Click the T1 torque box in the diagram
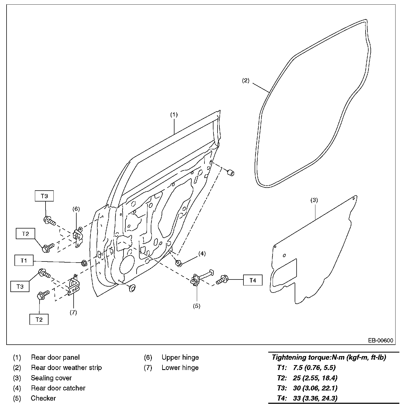[24, 260]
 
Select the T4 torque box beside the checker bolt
[253, 280]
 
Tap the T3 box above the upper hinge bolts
[44, 196]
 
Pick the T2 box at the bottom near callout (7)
[39, 319]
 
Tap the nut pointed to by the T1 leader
[84, 263]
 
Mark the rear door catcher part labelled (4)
[179, 263]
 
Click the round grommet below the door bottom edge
[132, 287]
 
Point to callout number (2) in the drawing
[246, 80]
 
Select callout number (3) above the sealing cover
[314, 200]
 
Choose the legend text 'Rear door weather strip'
[66, 368]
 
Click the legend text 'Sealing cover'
[51, 378]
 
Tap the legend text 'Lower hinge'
[180, 368]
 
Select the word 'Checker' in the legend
[43, 398]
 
